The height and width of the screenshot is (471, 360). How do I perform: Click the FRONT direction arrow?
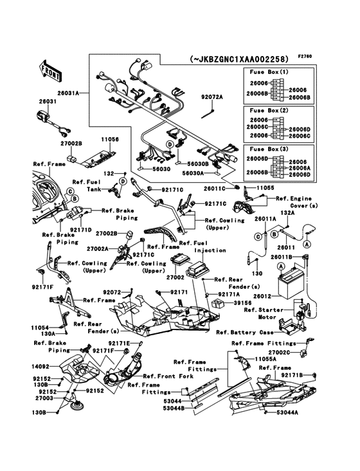pos(50,71)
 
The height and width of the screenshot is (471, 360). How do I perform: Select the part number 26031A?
pos(68,93)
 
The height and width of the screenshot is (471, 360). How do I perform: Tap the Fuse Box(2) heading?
pos(269,111)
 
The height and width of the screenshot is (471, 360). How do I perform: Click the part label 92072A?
pos(212,97)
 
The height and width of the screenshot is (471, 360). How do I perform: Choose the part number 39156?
pos(242,303)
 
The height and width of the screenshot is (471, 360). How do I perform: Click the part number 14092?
pos(40,367)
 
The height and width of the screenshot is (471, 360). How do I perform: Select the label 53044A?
pos(287,412)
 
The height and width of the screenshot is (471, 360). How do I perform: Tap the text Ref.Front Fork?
pos(168,376)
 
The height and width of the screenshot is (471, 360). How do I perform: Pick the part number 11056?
pos(110,140)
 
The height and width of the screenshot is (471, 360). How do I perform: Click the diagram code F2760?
pos(305,56)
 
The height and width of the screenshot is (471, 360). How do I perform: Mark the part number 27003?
pos(44,398)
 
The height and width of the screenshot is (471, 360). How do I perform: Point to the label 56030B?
pos(198,163)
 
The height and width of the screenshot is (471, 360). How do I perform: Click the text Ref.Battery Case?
pos(245,332)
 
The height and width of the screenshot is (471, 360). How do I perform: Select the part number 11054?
pos(40,328)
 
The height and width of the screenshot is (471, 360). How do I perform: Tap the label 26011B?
pos(281,257)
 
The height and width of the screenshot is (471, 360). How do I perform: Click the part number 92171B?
pos(292,375)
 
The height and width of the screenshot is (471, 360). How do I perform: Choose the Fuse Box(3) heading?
pos(269,149)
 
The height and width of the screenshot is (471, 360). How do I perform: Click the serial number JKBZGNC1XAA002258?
pos(239,59)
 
